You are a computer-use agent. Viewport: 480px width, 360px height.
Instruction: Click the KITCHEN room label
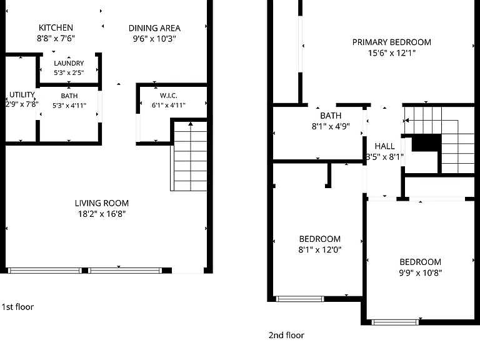click(x=56, y=27)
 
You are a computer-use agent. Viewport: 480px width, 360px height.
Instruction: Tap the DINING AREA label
click(x=154, y=28)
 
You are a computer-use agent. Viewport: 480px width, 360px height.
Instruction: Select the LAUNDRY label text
click(x=69, y=63)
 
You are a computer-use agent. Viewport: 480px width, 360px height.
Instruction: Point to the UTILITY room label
click(x=22, y=94)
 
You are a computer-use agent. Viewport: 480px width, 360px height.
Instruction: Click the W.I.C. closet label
click(x=168, y=96)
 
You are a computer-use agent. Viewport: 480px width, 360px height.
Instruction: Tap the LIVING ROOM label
click(x=102, y=203)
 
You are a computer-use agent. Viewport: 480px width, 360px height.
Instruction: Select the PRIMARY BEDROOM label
click(x=391, y=42)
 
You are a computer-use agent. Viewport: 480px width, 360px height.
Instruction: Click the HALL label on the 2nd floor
click(x=385, y=146)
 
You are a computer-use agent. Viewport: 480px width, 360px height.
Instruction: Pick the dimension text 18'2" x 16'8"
click(x=102, y=214)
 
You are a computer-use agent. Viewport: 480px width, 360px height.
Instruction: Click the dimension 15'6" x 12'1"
click(x=391, y=52)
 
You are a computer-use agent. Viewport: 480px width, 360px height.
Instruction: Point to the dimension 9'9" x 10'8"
click(x=420, y=272)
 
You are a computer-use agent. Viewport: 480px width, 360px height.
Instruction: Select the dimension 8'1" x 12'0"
click(x=319, y=249)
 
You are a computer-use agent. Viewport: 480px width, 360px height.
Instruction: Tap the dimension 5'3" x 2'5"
click(x=69, y=72)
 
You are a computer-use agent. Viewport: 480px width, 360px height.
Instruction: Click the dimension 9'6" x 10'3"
click(x=154, y=39)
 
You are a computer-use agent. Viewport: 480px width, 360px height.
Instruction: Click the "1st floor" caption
click(x=17, y=307)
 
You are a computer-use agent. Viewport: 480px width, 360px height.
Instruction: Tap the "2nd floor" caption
click(x=286, y=335)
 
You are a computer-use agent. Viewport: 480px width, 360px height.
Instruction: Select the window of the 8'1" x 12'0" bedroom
click(x=300, y=299)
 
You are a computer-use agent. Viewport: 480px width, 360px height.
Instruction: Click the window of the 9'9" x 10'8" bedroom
click(x=395, y=322)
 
